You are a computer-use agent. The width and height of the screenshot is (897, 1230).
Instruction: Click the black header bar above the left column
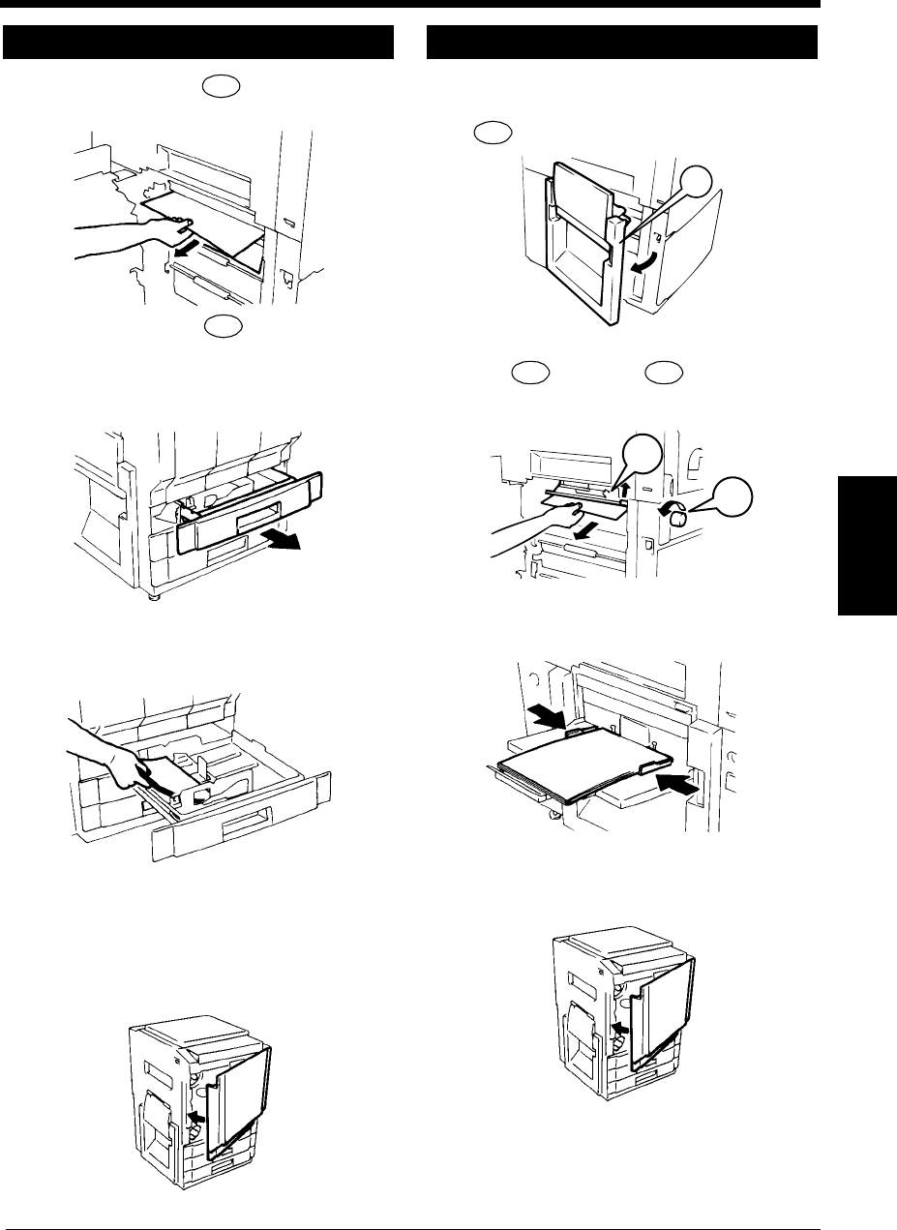pos(198,43)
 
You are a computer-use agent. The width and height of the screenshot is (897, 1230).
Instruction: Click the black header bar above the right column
pos(622,43)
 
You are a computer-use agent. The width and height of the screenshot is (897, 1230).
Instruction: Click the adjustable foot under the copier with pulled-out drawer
pos(155,598)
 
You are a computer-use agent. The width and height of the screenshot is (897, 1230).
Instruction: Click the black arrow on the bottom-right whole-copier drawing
pos(621,1026)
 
